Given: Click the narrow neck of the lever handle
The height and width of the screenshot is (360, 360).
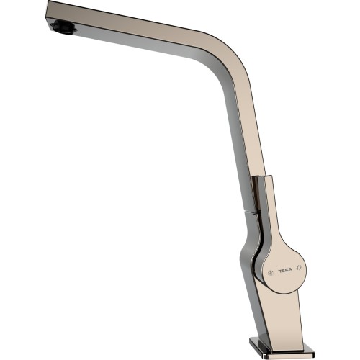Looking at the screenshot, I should pyautogui.click(x=266, y=216).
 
